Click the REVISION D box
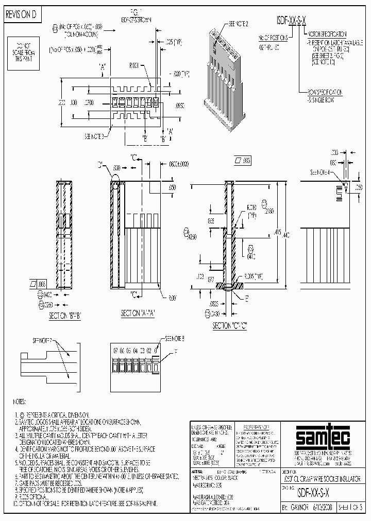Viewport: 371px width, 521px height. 21,15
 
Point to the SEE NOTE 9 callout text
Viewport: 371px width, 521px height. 175,339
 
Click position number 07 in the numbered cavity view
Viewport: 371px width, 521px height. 116,350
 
